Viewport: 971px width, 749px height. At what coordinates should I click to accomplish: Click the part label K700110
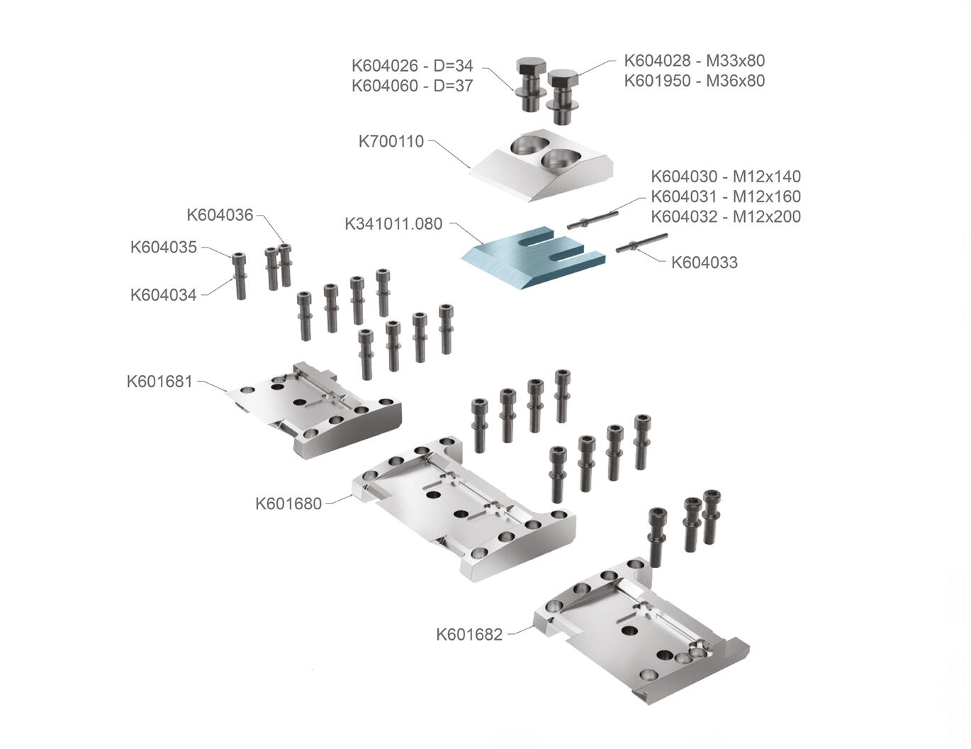coord(391,141)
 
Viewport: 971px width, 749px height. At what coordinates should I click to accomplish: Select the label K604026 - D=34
coord(412,66)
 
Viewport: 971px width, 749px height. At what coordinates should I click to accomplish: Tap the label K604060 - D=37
coord(412,86)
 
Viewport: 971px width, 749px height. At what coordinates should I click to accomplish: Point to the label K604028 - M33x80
coord(694,60)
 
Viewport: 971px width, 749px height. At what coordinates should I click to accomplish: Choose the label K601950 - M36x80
coord(694,80)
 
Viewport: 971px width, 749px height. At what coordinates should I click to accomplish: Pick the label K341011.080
coord(393,224)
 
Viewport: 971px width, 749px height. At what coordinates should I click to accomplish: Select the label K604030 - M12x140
coord(726,176)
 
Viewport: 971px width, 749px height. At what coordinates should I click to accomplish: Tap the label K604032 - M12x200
coord(726,216)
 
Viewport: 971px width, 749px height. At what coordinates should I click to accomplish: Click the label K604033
coord(704,262)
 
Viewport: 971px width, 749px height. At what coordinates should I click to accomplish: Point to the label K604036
coord(220,215)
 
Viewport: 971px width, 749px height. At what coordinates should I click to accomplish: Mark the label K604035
coord(163,248)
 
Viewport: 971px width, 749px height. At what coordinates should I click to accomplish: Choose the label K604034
coord(163,295)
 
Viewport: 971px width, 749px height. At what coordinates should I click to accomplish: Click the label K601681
coord(159,382)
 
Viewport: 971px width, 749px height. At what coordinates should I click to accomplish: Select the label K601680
coord(288,504)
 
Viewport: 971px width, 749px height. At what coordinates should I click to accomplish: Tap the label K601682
coord(468,634)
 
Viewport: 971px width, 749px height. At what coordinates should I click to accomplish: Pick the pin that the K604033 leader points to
coord(641,243)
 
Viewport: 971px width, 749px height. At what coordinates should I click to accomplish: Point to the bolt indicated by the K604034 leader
coord(240,277)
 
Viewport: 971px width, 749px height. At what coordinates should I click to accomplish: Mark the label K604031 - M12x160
coord(726,196)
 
